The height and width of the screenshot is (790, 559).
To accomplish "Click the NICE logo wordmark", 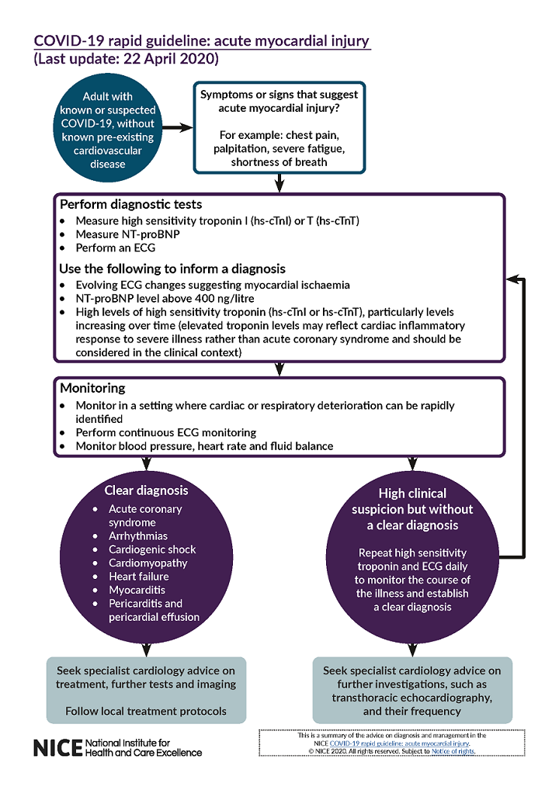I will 57,747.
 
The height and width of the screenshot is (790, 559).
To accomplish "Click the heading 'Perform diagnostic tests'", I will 131,205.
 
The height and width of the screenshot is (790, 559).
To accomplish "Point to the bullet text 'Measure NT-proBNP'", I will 123,234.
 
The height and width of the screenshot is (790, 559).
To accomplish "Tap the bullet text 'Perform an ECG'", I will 115,248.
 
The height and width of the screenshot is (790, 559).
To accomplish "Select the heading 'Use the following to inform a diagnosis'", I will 172,269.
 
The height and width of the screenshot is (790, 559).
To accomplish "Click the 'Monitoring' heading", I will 92,388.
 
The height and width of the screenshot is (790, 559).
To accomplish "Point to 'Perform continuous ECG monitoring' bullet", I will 166,432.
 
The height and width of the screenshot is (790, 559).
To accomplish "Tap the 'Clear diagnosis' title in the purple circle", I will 147,490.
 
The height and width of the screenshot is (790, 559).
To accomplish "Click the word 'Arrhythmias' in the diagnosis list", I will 138,536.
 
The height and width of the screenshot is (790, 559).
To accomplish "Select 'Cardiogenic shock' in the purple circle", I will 152,549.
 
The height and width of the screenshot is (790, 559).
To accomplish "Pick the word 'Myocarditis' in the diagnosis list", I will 137,590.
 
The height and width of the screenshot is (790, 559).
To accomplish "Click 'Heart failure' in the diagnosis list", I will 139,577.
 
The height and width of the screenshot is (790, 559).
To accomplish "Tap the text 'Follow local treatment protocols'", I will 146,711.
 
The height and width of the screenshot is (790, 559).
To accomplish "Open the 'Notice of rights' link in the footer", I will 453,751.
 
